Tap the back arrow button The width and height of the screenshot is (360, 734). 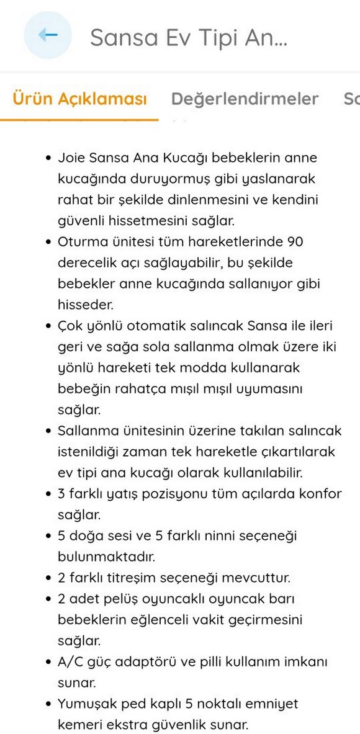point(48,35)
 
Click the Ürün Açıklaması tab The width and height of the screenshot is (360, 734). point(79,99)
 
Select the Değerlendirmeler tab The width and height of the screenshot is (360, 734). point(245,99)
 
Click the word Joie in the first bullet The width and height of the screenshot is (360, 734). point(70,158)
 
